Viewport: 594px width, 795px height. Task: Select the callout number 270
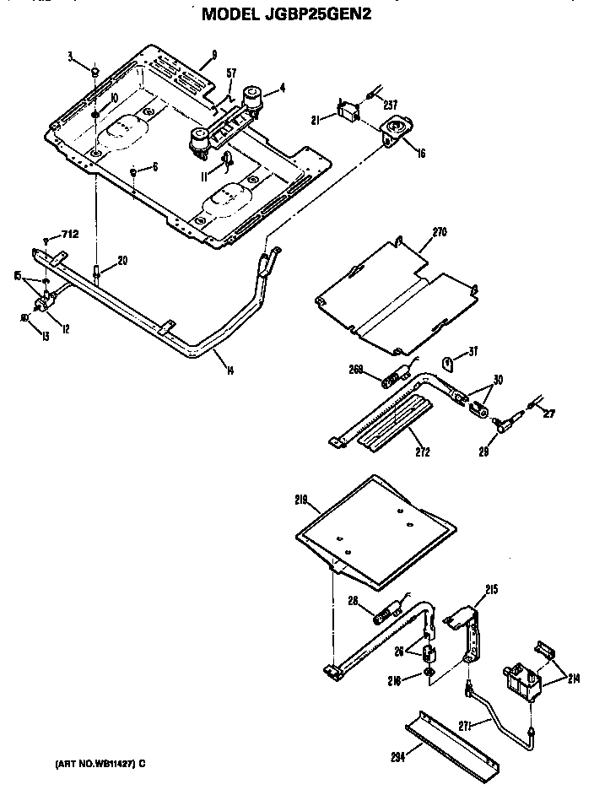pos(438,231)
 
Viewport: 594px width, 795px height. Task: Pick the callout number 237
pos(389,105)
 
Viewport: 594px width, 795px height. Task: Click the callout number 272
pos(423,452)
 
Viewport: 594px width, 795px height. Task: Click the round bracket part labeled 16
pos(394,130)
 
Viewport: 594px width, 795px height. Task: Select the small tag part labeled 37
pos(449,364)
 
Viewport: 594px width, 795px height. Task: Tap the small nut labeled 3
pos(97,73)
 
